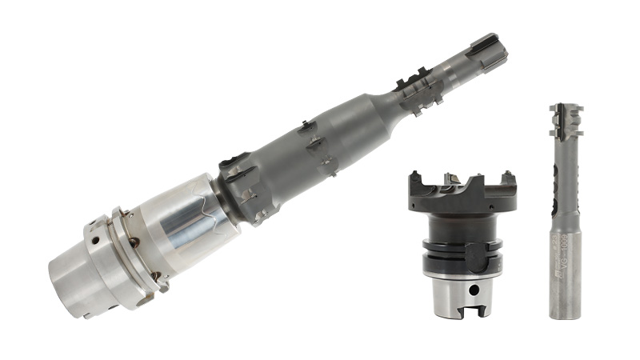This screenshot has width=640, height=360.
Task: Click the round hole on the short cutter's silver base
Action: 457,291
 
